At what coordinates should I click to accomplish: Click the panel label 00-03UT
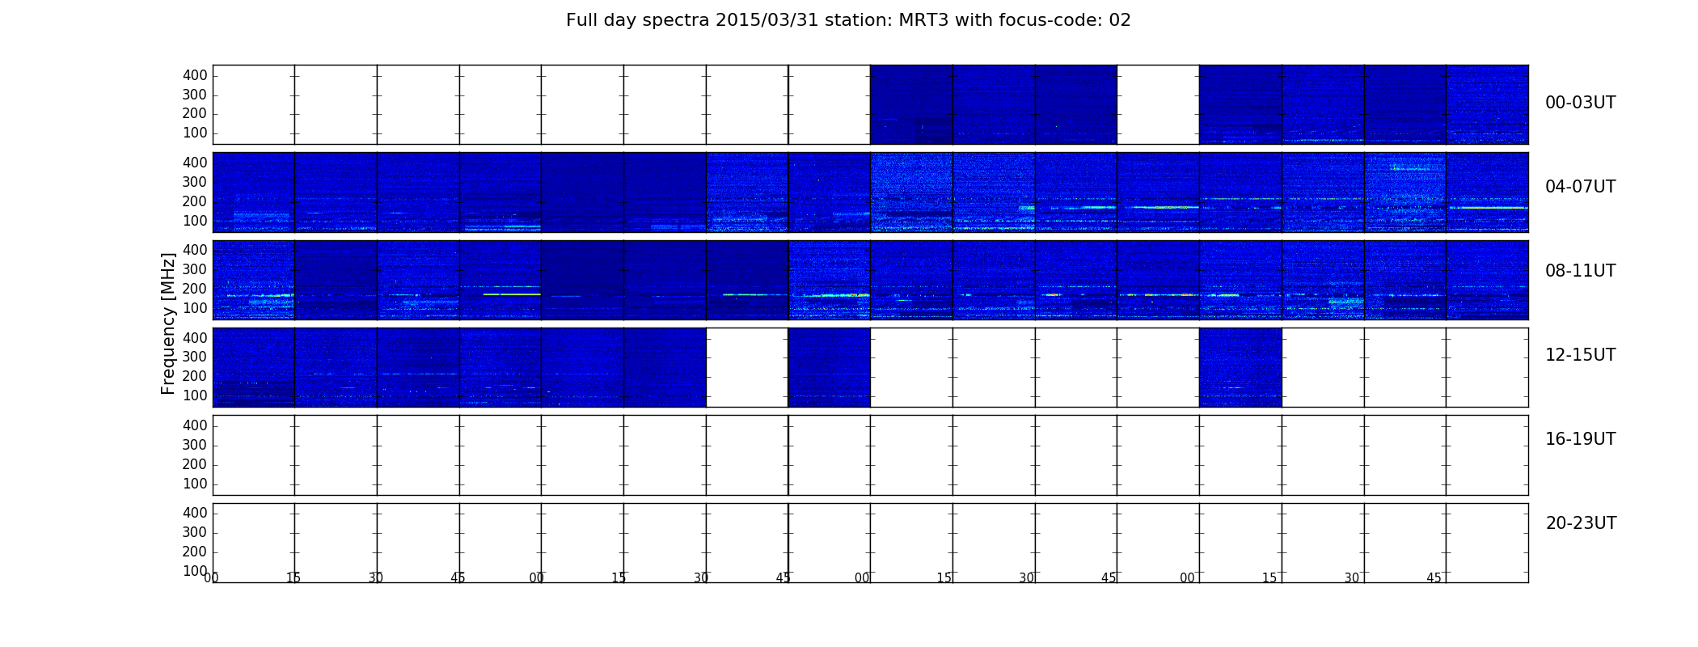[x=1580, y=103]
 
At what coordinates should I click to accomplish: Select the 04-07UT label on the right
[x=1580, y=187]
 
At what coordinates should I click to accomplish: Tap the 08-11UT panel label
[x=1580, y=271]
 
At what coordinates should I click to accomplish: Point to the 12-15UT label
[x=1580, y=355]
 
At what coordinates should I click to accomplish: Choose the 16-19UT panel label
[x=1580, y=439]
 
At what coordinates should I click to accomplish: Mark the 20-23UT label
[x=1581, y=523]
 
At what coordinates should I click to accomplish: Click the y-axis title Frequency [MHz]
[x=168, y=323]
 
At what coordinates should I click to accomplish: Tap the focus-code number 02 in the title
[x=1120, y=20]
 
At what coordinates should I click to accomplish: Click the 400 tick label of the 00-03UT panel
[x=195, y=75]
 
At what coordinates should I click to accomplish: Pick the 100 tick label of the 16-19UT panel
[x=195, y=484]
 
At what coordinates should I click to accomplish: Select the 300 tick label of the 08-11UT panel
[x=195, y=269]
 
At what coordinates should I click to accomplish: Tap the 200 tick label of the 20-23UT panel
[x=195, y=552]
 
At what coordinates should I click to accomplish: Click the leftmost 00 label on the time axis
[x=211, y=577]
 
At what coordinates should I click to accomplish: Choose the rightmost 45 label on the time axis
[x=1434, y=577]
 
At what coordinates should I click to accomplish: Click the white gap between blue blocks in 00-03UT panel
[x=1158, y=104]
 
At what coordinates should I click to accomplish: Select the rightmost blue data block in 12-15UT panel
[x=1240, y=367]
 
